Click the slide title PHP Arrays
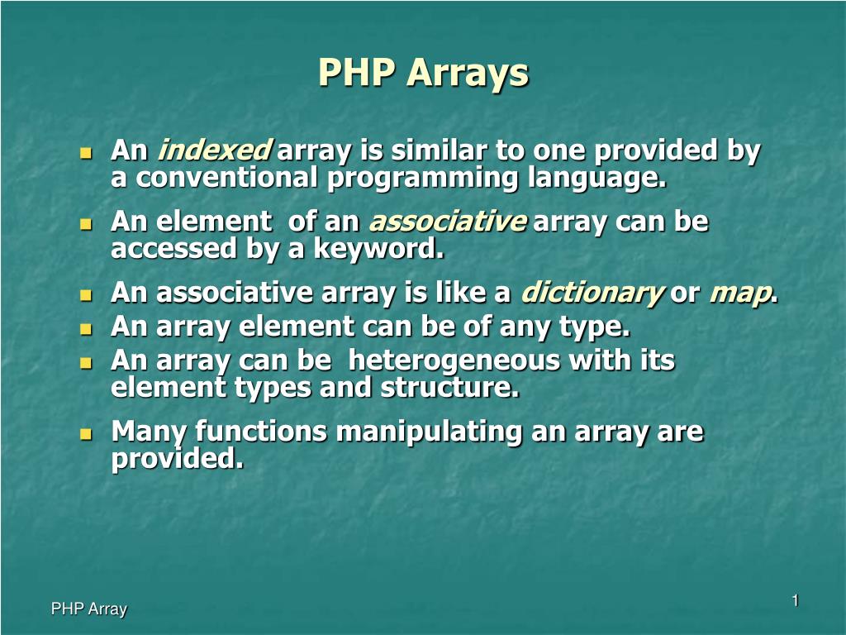(423, 73)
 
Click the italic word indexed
(214, 151)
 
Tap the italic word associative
(447, 222)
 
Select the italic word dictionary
(592, 293)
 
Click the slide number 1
(795, 601)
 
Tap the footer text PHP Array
(89, 609)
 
